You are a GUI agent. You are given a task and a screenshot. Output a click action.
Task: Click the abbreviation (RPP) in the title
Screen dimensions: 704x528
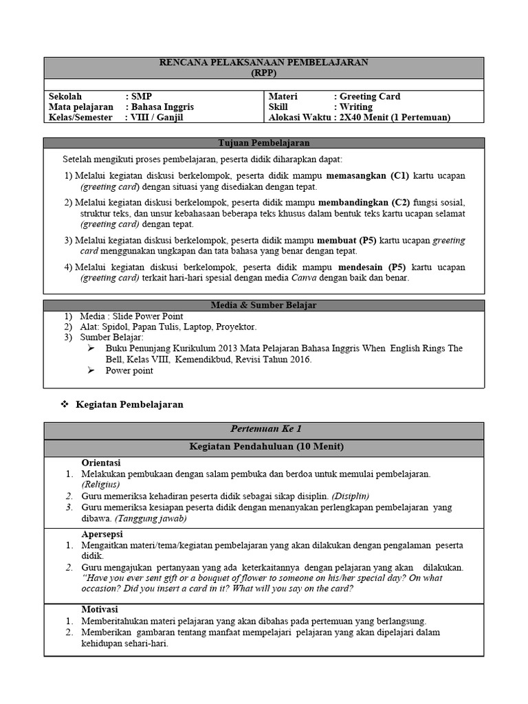264,72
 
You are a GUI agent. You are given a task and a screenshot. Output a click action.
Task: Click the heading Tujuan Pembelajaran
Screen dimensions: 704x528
264,143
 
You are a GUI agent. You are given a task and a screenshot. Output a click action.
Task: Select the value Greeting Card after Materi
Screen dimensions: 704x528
370,97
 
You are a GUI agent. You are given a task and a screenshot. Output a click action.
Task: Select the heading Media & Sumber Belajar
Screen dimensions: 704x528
264,305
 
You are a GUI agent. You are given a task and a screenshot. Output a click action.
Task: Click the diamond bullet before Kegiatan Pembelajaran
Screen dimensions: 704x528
65,404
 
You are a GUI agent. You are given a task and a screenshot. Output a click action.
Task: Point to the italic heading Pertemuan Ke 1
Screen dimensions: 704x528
264,430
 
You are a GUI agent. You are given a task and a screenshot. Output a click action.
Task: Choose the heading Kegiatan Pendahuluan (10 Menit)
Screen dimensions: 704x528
264,448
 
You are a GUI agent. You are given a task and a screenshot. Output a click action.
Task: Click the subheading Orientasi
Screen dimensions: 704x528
101,463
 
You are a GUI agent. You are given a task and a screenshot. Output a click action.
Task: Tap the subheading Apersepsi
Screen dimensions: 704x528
100,533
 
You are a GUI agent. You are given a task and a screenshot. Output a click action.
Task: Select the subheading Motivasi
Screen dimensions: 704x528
100,609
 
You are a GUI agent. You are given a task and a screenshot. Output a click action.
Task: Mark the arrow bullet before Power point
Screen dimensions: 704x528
91,371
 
